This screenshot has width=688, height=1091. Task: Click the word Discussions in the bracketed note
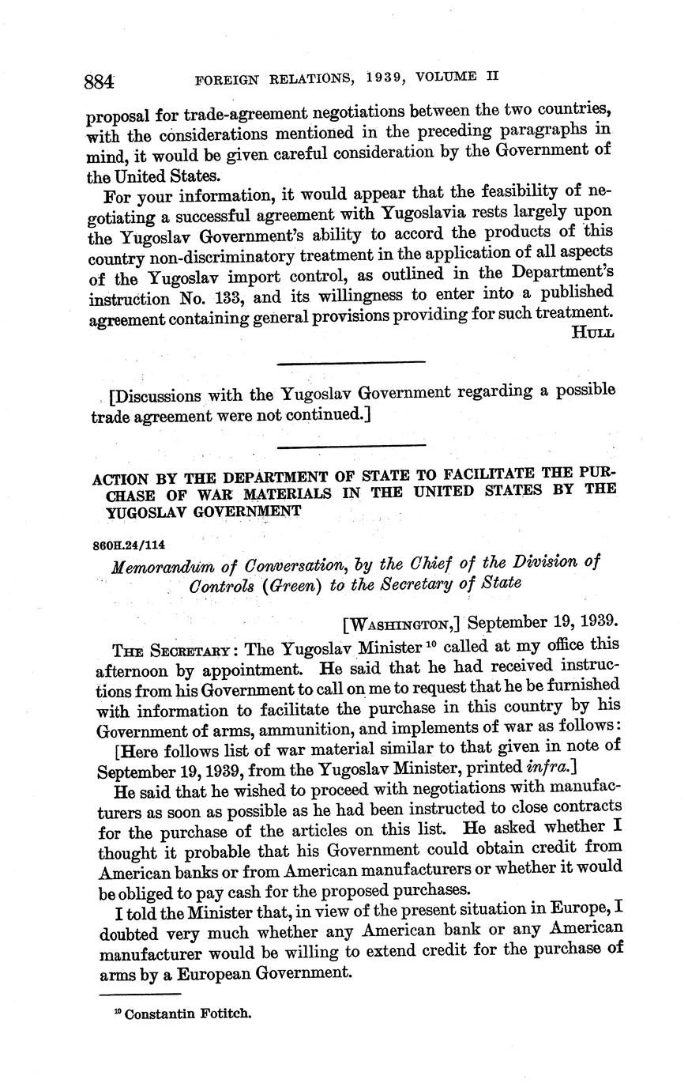click(x=162, y=393)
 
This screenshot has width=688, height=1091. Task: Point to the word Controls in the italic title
click(x=222, y=585)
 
